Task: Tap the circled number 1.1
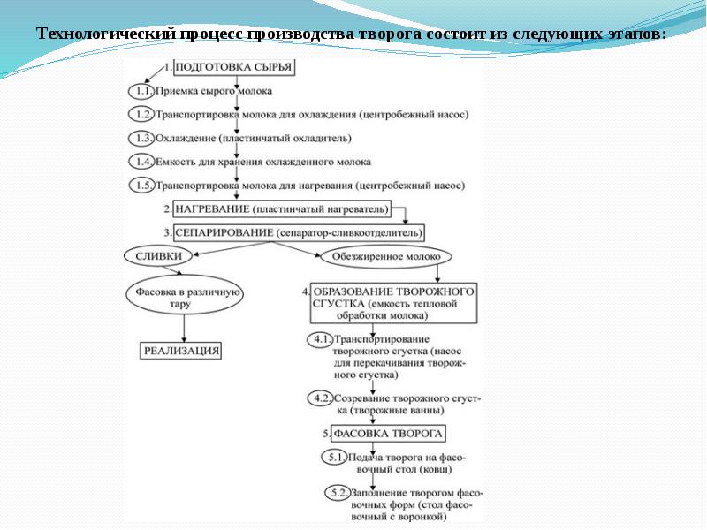(x=141, y=91)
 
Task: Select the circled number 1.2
(x=141, y=115)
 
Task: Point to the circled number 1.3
(x=141, y=139)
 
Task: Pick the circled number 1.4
(x=141, y=163)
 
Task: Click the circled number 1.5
(x=141, y=186)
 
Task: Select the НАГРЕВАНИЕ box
(x=281, y=210)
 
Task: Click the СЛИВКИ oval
(x=159, y=256)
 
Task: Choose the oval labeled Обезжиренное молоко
(x=385, y=257)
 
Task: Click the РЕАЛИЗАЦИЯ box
(x=180, y=351)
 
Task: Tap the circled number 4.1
(x=319, y=340)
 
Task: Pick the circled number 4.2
(x=319, y=399)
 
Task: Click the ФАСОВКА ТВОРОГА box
(x=383, y=434)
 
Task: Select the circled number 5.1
(x=334, y=458)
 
